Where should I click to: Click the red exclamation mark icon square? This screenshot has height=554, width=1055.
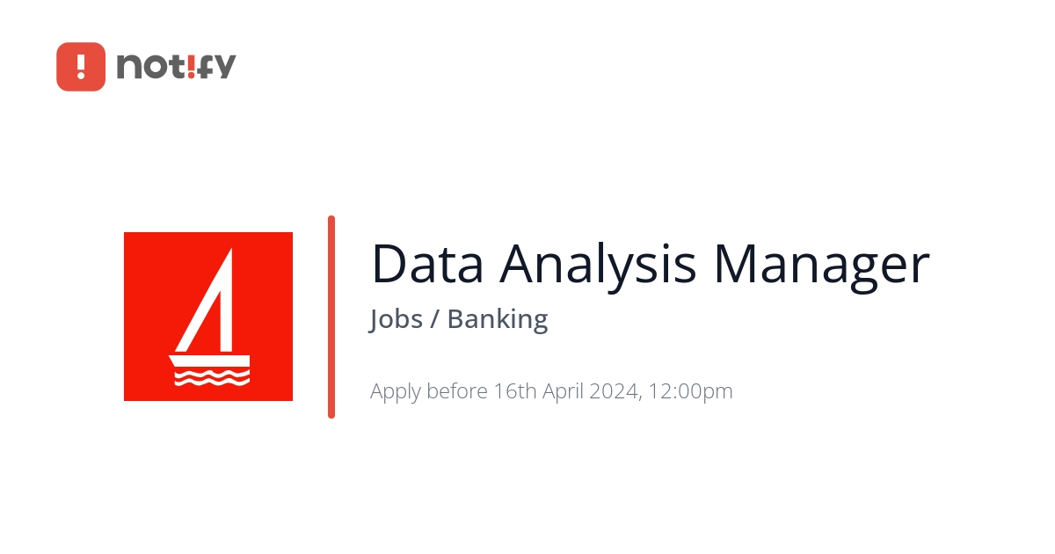point(81,67)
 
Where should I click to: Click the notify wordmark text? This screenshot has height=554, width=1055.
point(176,67)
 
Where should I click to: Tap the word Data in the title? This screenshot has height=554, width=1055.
point(426,264)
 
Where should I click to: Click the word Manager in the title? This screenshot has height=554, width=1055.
point(820,264)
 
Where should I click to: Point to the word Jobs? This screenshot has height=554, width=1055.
point(397,319)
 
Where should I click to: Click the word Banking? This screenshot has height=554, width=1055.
point(498,319)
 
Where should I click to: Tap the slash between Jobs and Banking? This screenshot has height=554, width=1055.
point(434,319)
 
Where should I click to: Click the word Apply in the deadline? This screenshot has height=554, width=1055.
point(395,391)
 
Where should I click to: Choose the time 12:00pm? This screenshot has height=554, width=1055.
point(691,391)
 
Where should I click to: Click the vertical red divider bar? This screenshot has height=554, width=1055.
point(331,317)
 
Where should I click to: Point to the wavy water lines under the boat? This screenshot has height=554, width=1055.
point(211,379)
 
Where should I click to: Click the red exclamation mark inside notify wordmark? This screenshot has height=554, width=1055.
point(190,66)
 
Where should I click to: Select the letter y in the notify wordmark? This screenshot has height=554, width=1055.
point(224,69)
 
